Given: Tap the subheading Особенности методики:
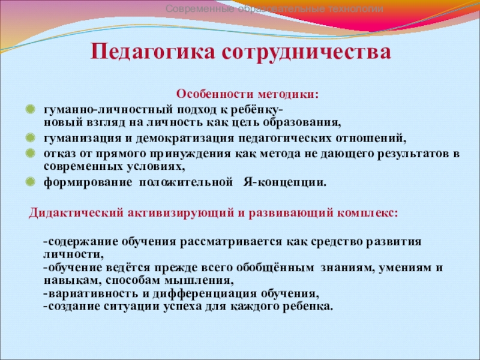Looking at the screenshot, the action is point(247,95).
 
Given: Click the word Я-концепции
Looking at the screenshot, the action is point(285,181).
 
